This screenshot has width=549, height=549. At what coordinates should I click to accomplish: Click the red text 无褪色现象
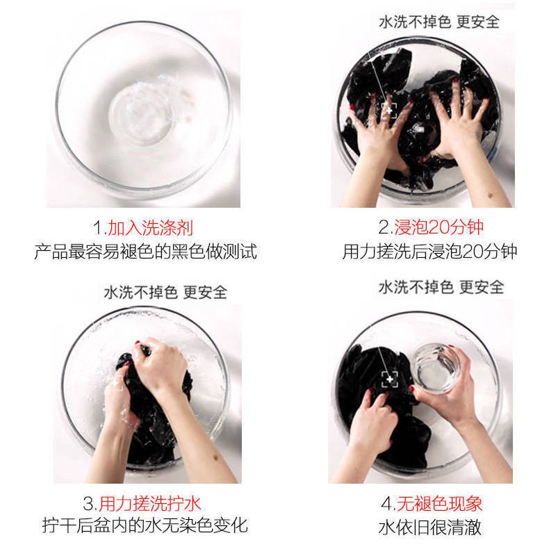point(439,502)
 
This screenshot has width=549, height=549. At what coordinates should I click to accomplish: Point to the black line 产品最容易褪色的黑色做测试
point(145,252)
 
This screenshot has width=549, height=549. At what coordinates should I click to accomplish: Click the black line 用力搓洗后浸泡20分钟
point(429,252)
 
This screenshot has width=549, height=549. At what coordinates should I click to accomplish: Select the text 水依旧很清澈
point(429,526)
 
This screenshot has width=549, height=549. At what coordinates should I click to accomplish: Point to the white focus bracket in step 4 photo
point(389,379)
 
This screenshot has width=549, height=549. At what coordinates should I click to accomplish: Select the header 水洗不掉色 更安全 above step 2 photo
point(439,22)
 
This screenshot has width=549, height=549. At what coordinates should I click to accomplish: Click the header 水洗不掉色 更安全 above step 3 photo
point(165,292)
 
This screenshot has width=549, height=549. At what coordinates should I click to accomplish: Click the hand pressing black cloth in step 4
point(372,424)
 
